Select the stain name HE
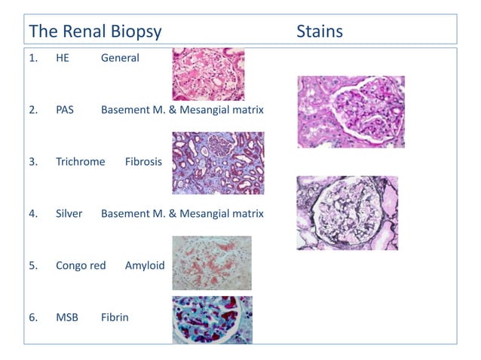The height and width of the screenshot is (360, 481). click(63, 58)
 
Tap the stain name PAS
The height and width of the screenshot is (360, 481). click(65, 110)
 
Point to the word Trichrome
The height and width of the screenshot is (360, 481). click(80, 162)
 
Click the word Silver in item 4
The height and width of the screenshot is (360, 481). click(69, 214)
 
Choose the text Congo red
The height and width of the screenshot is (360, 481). click(80, 266)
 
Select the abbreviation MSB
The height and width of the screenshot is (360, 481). click(66, 317)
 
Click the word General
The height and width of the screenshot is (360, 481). click(120, 58)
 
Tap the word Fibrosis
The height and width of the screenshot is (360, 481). click(143, 162)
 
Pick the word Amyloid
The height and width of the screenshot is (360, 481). click(145, 266)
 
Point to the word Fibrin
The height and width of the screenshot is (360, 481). click(115, 317)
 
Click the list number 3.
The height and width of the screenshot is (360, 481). click(33, 162)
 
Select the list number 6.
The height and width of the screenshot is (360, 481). click(33, 317)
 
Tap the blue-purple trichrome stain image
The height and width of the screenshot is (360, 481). click(218, 163)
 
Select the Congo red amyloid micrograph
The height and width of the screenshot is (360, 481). click(212, 263)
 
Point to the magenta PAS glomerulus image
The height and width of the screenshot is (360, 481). click(351, 111)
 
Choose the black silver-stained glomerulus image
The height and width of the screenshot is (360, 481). click(347, 213)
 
